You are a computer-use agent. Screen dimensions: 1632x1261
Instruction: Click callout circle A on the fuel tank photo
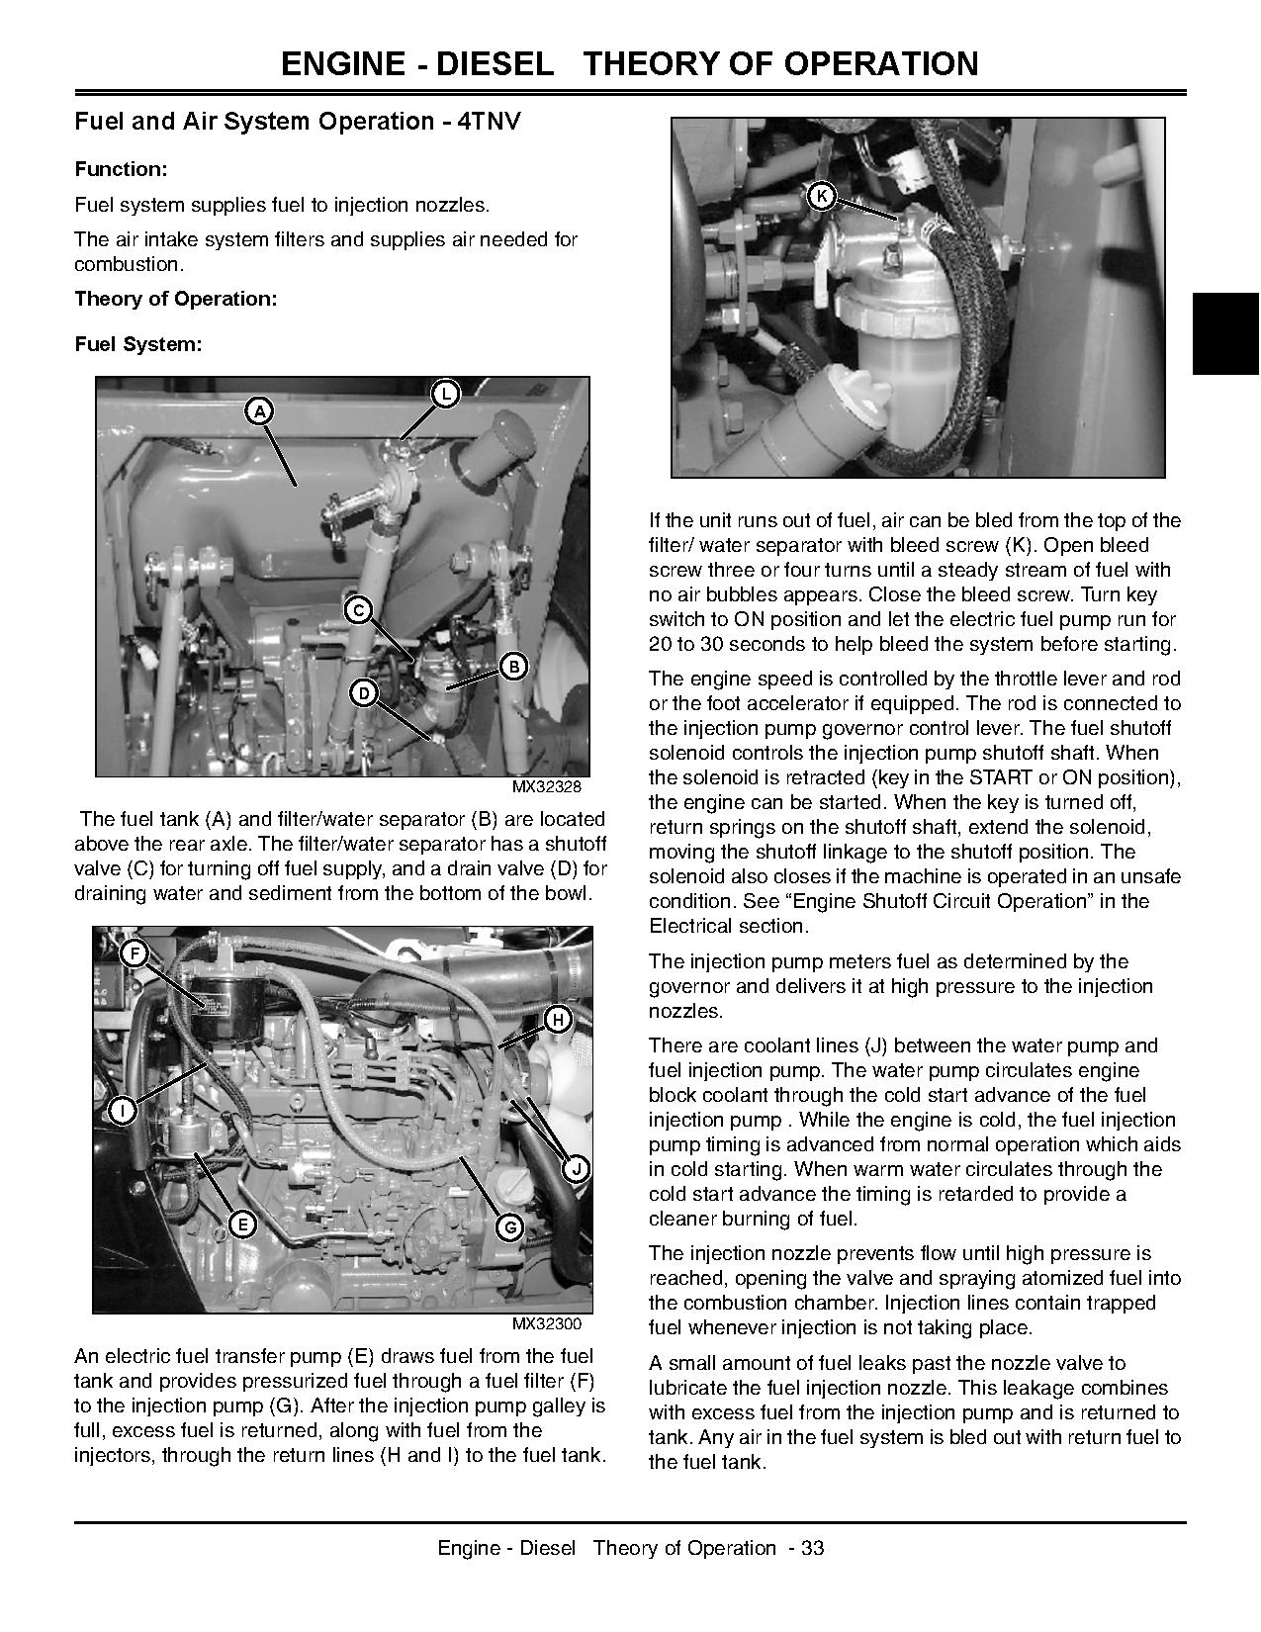point(259,410)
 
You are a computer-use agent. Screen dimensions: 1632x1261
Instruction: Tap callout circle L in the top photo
point(446,394)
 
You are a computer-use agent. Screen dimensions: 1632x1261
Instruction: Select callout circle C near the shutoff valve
point(358,610)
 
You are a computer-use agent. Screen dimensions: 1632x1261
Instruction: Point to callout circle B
point(513,667)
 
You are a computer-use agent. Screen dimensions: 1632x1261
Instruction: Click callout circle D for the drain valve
point(364,693)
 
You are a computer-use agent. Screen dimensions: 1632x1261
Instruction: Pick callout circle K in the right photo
point(821,196)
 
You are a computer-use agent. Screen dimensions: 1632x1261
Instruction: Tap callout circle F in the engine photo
point(134,953)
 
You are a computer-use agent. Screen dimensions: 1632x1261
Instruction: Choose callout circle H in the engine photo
point(558,1020)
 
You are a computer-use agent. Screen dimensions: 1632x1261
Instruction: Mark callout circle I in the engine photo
point(123,1111)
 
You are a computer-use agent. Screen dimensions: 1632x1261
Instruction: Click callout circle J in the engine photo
point(576,1169)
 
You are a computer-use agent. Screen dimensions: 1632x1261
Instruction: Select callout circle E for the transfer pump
point(241,1224)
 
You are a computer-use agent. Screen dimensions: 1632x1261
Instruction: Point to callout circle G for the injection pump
point(509,1227)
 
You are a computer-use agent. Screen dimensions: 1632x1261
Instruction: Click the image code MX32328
point(547,787)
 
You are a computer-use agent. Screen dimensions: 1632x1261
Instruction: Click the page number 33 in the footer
point(813,1548)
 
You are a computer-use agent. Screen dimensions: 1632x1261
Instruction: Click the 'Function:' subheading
point(121,169)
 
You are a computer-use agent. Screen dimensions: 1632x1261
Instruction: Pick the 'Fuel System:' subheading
point(138,344)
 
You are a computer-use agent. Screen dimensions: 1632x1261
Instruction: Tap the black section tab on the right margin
point(1224,332)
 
